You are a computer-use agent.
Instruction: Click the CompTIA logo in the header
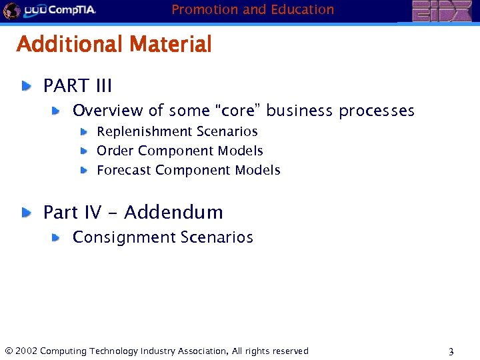click(60, 10)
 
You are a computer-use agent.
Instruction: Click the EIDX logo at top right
click(441, 11)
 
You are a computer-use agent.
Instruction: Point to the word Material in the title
click(171, 45)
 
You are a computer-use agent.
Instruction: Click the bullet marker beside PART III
click(25, 86)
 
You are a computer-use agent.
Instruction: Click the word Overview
click(107, 111)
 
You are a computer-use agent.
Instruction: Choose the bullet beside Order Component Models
click(84, 151)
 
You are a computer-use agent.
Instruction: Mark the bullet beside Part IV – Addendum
click(25, 213)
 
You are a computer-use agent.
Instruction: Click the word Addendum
click(173, 213)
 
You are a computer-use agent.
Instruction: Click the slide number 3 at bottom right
click(451, 352)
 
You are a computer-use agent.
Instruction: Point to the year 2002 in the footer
click(25, 351)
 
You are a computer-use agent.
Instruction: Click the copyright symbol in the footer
click(8, 351)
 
